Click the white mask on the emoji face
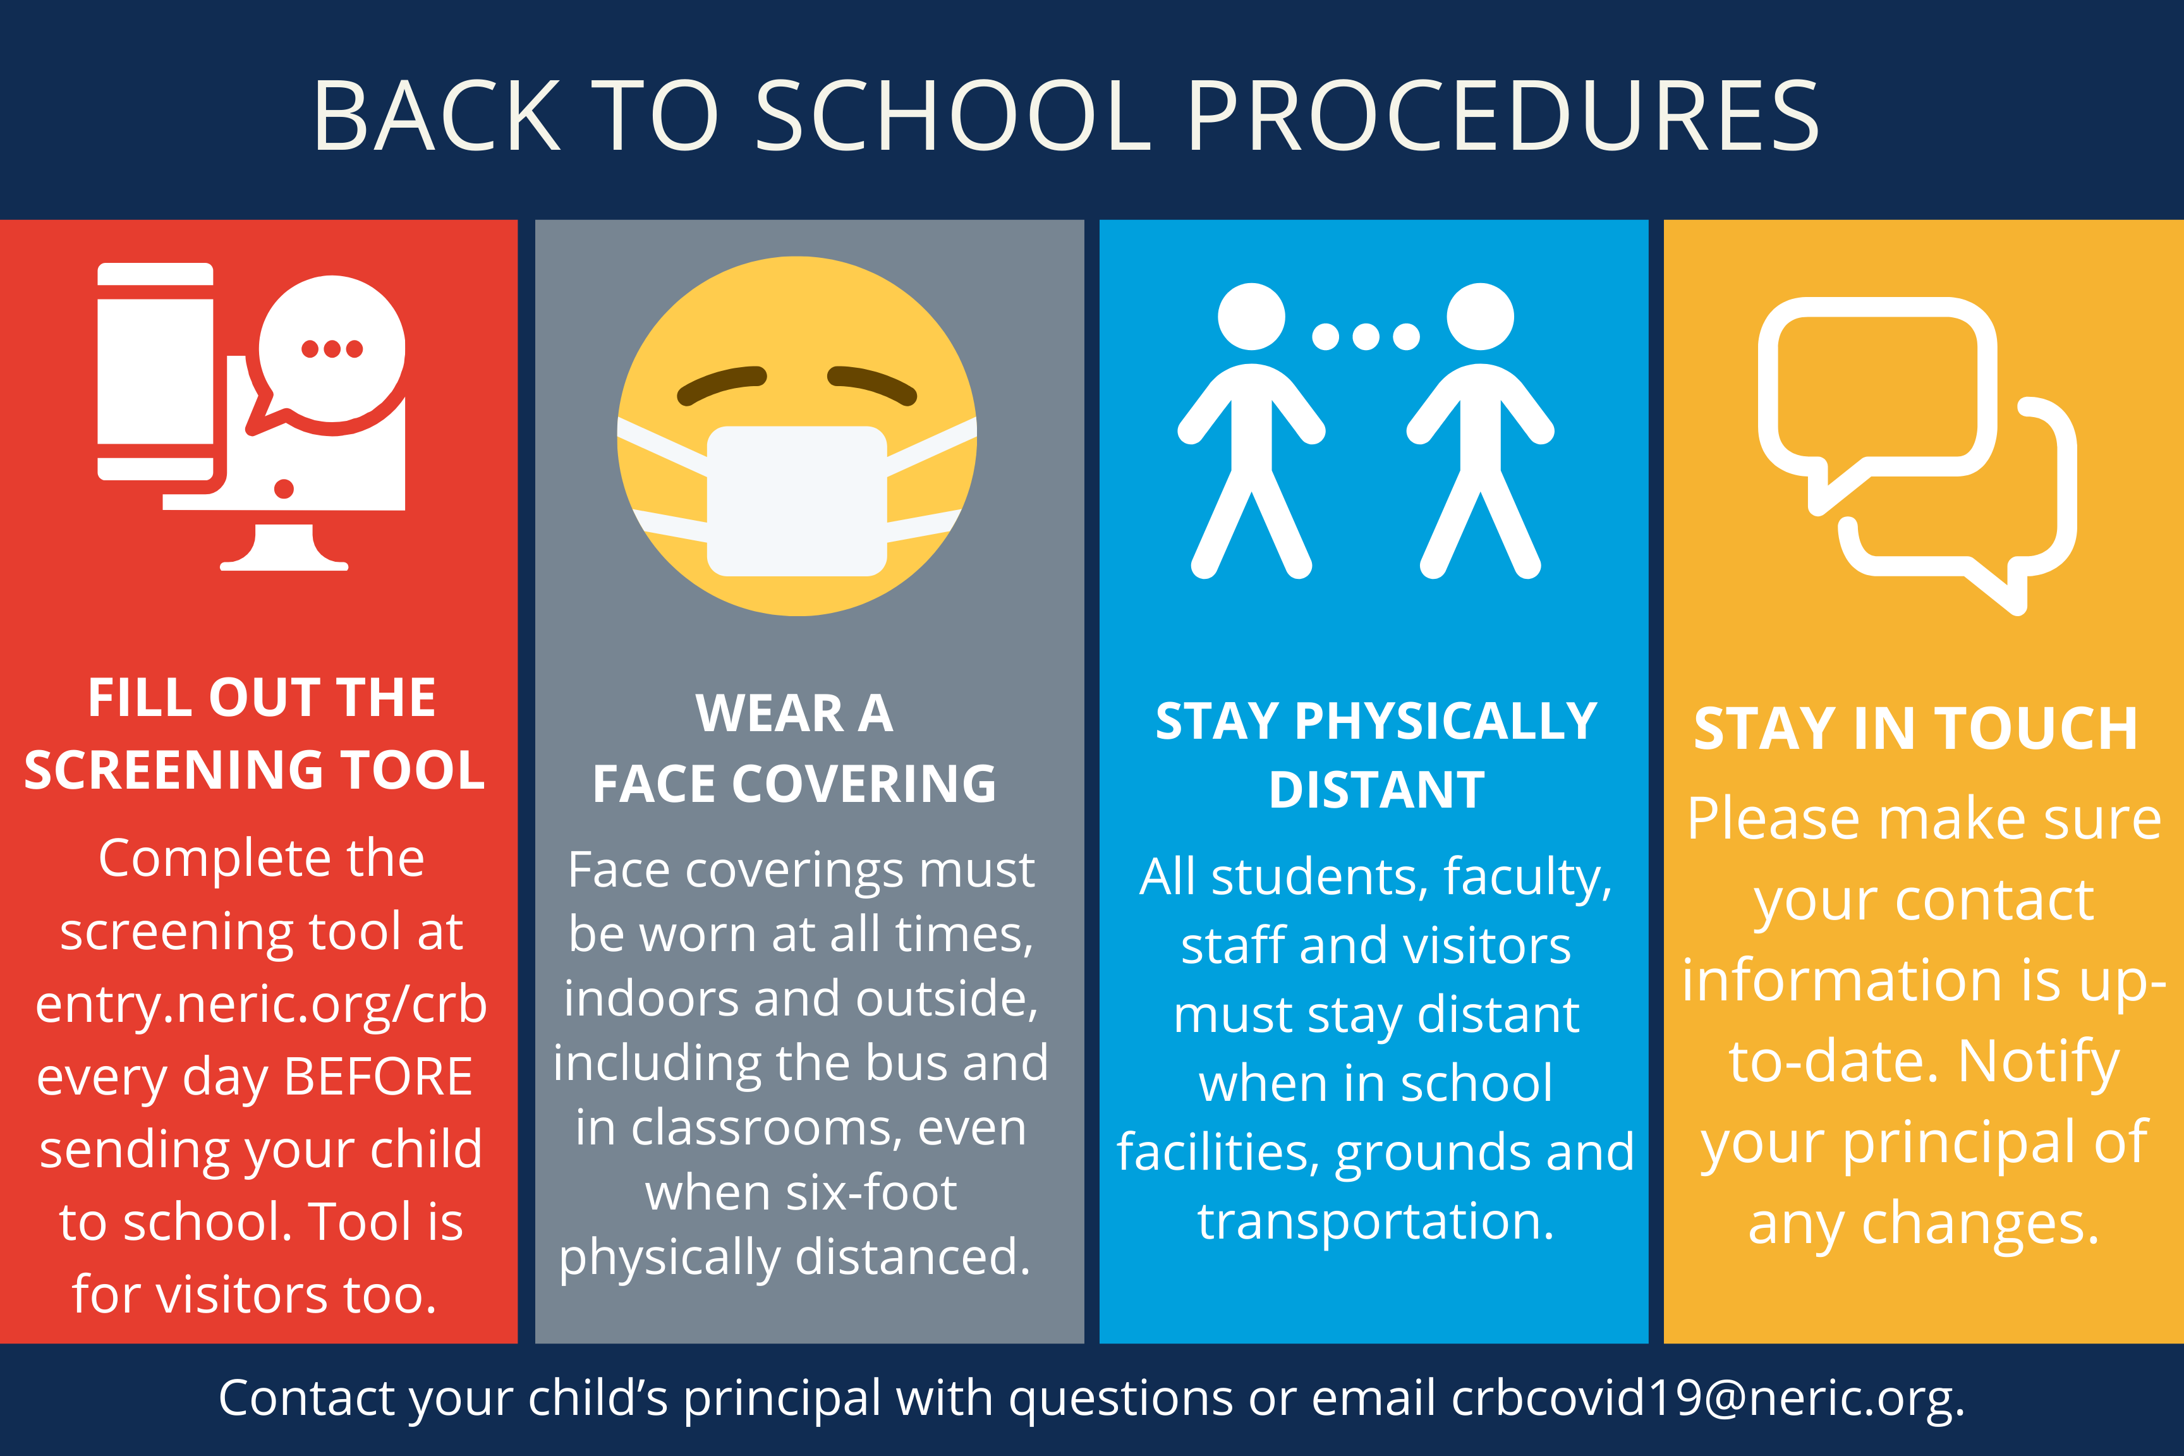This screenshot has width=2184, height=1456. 797,501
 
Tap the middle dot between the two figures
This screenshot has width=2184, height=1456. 1366,336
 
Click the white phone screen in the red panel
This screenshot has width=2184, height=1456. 155,372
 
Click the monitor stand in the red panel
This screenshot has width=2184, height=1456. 284,548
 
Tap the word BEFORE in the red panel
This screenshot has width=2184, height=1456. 379,1077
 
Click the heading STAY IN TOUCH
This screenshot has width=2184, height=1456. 1915,728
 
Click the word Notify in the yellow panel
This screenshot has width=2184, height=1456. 2039,1062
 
